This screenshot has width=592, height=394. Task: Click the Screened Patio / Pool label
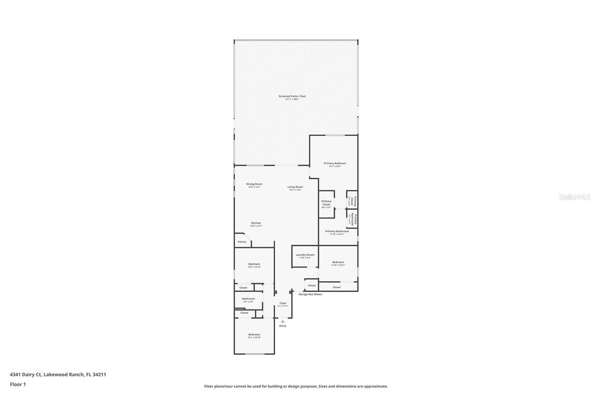point(292,97)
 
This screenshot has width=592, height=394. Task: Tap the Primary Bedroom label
point(334,164)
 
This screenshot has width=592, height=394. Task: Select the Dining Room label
point(254,184)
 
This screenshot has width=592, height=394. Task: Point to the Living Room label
point(295,187)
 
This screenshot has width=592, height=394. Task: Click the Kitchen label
point(256,223)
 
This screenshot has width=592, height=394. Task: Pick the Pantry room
point(242,242)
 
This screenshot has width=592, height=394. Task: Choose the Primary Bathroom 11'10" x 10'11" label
point(337,231)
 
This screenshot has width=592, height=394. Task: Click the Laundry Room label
point(305,255)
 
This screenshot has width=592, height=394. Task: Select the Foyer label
point(283,303)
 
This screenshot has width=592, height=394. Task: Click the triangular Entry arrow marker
point(283,321)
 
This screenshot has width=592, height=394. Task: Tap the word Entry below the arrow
point(283,326)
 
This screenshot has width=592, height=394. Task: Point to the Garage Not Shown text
point(310,294)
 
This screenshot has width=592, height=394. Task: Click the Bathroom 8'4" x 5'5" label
point(248,299)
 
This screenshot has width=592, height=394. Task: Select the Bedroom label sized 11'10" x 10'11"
point(338,262)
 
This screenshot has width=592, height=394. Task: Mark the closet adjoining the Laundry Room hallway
point(311,285)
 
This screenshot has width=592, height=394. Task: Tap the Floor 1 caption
point(18,384)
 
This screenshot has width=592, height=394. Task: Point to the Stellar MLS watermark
point(574,197)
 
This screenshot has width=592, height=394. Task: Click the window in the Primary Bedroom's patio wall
point(335,135)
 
